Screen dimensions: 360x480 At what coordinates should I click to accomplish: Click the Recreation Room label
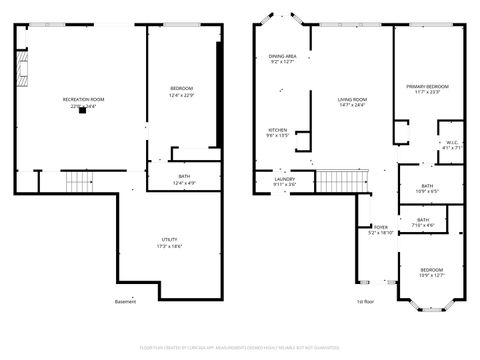(x=84, y=100)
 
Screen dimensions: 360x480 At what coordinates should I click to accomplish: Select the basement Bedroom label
(x=181, y=90)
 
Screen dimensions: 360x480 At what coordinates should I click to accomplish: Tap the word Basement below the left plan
(x=125, y=302)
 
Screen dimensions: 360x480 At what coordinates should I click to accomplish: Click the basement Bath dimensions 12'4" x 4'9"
(x=185, y=183)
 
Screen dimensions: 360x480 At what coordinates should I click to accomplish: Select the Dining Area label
(x=282, y=56)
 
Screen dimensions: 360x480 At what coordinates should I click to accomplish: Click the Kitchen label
(x=278, y=130)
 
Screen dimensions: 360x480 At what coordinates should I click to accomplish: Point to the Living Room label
(x=352, y=100)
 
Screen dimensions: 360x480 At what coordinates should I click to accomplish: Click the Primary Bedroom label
(x=427, y=87)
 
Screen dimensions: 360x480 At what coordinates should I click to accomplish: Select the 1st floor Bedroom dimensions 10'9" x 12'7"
(x=432, y=275)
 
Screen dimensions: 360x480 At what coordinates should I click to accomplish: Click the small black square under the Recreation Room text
(x=84, y=110)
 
